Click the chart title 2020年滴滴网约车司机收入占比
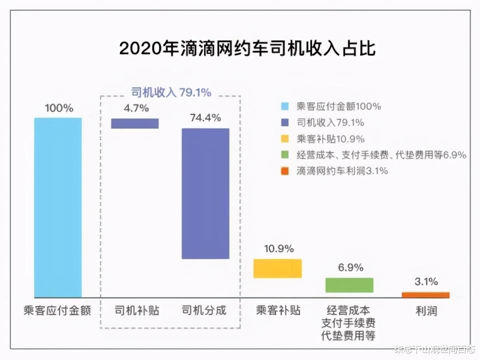pos(247,49)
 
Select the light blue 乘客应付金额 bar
pos(58,207)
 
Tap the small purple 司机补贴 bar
pos(134,123)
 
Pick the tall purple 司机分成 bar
pos(205,193)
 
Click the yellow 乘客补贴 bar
pos(277,268)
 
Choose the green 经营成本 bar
pos(349,285)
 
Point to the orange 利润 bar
pos(425,295)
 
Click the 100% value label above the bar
pos(59,108)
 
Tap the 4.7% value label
pos(135,107)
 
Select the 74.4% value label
pos(205,118)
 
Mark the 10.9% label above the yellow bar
pos(278,248)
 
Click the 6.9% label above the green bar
pos(350,267)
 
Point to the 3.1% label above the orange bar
pos(426,281)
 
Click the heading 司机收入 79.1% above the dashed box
pos(171,92)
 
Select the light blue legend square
pos(284,106)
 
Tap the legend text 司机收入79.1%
pos(330,122)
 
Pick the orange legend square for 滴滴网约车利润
pos(284,171)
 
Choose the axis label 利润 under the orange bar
pos(426,311)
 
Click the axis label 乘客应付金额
pos(58,310)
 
